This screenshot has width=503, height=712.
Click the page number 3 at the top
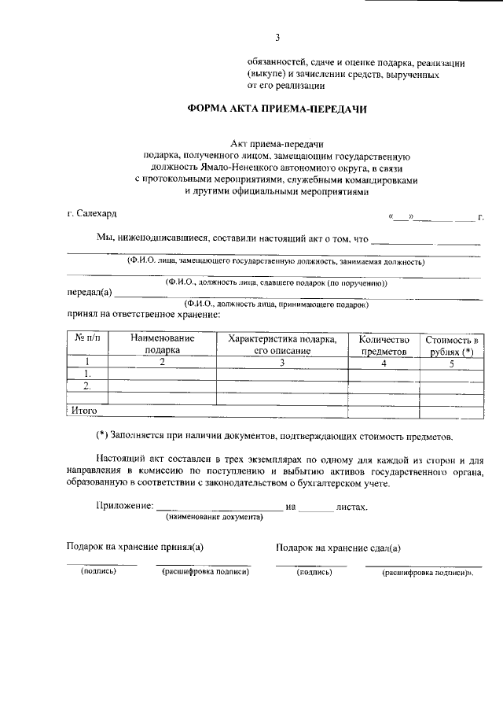coord(277,37)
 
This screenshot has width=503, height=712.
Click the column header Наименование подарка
coord(163,344)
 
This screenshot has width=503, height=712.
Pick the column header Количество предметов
coord(384,345)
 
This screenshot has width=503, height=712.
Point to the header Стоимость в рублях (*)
coord(451,345)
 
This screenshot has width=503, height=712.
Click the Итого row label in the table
coord(83,410)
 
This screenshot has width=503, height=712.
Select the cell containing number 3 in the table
coord(281,363)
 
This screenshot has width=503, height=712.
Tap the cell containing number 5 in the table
coord(451,363)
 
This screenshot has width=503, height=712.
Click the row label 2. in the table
coord(87,386)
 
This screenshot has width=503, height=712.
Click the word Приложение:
coord(124,507)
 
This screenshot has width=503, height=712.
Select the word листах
coord(351,507)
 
